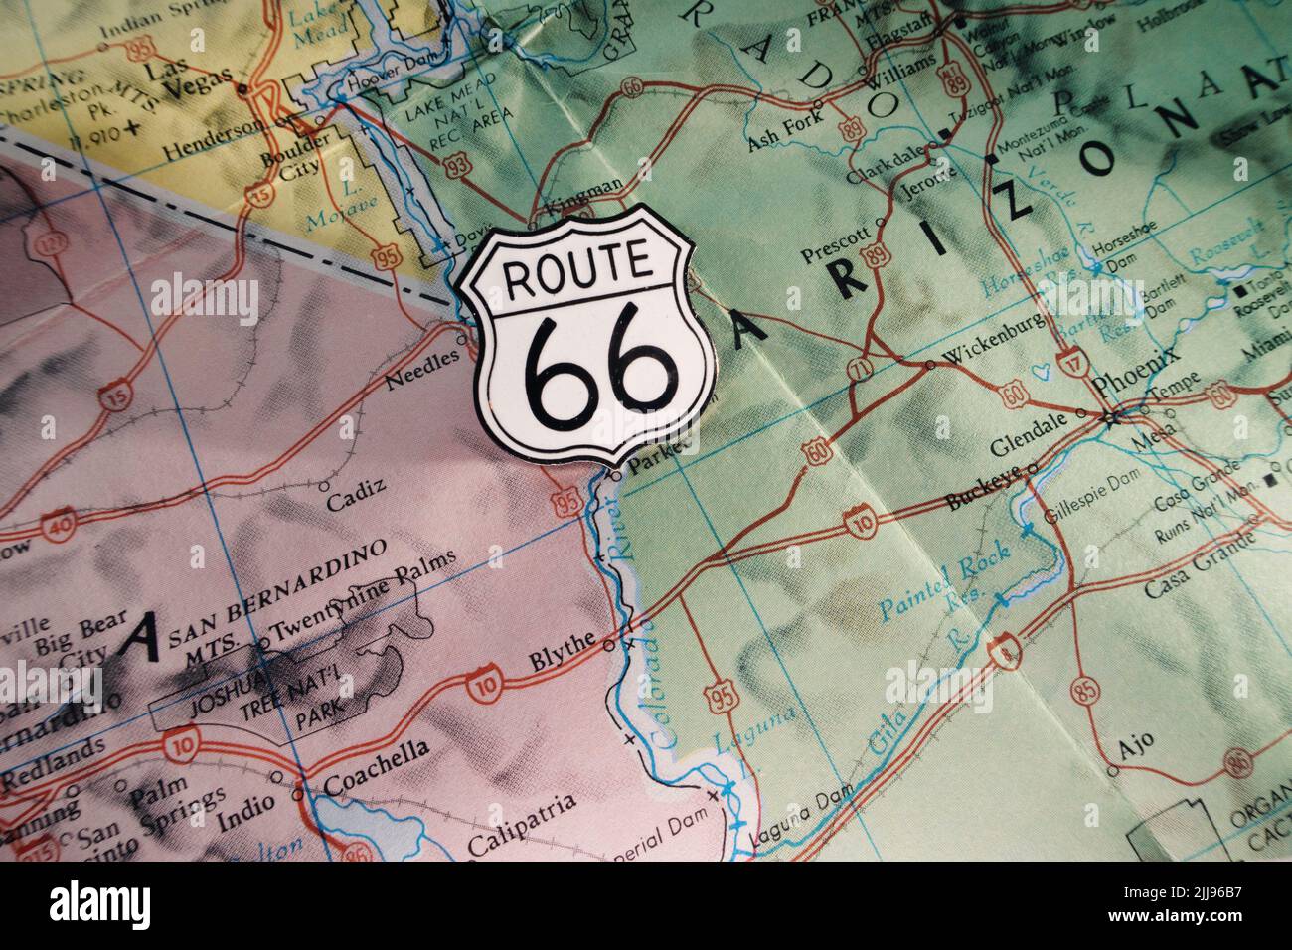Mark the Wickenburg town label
[x=984, y=350]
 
